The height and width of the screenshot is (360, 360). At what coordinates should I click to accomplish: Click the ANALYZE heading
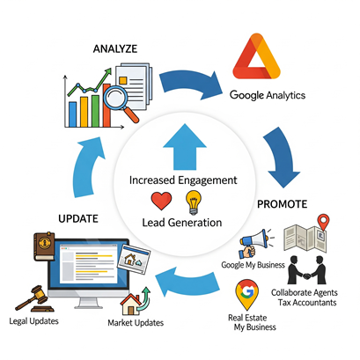(x=115, y=48)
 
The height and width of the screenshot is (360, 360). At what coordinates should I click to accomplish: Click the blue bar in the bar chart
(x=72, y=114)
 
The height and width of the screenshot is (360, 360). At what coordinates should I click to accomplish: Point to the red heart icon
(x=161, y=201)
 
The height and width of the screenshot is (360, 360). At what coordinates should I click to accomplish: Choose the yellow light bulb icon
(x=194, y=202)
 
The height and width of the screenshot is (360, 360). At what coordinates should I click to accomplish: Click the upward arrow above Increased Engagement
(x=185, y=147)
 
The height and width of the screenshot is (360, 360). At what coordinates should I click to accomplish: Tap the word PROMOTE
(x=282, y=204)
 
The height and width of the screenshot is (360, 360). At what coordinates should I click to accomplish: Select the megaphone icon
(x=253, y=242)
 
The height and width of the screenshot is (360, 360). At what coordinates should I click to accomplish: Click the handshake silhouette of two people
(x=307, y=270)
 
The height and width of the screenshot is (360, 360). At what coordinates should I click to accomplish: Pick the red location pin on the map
(x=324, y=222)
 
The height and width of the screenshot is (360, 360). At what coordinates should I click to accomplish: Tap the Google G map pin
(x=247, y=294)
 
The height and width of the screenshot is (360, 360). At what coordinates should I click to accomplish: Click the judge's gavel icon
(x=34, y=299)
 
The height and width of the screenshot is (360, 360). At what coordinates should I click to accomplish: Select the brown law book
(x=44, y=246)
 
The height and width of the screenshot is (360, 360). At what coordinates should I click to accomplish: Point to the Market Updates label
(x=136, y=323)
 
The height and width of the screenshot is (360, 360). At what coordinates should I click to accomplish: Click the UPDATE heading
(x=78, y=219)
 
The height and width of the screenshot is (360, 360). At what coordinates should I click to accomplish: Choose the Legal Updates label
(x=33, y=321)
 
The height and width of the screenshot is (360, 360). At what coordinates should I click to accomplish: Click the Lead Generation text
(x=182, y=223)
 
